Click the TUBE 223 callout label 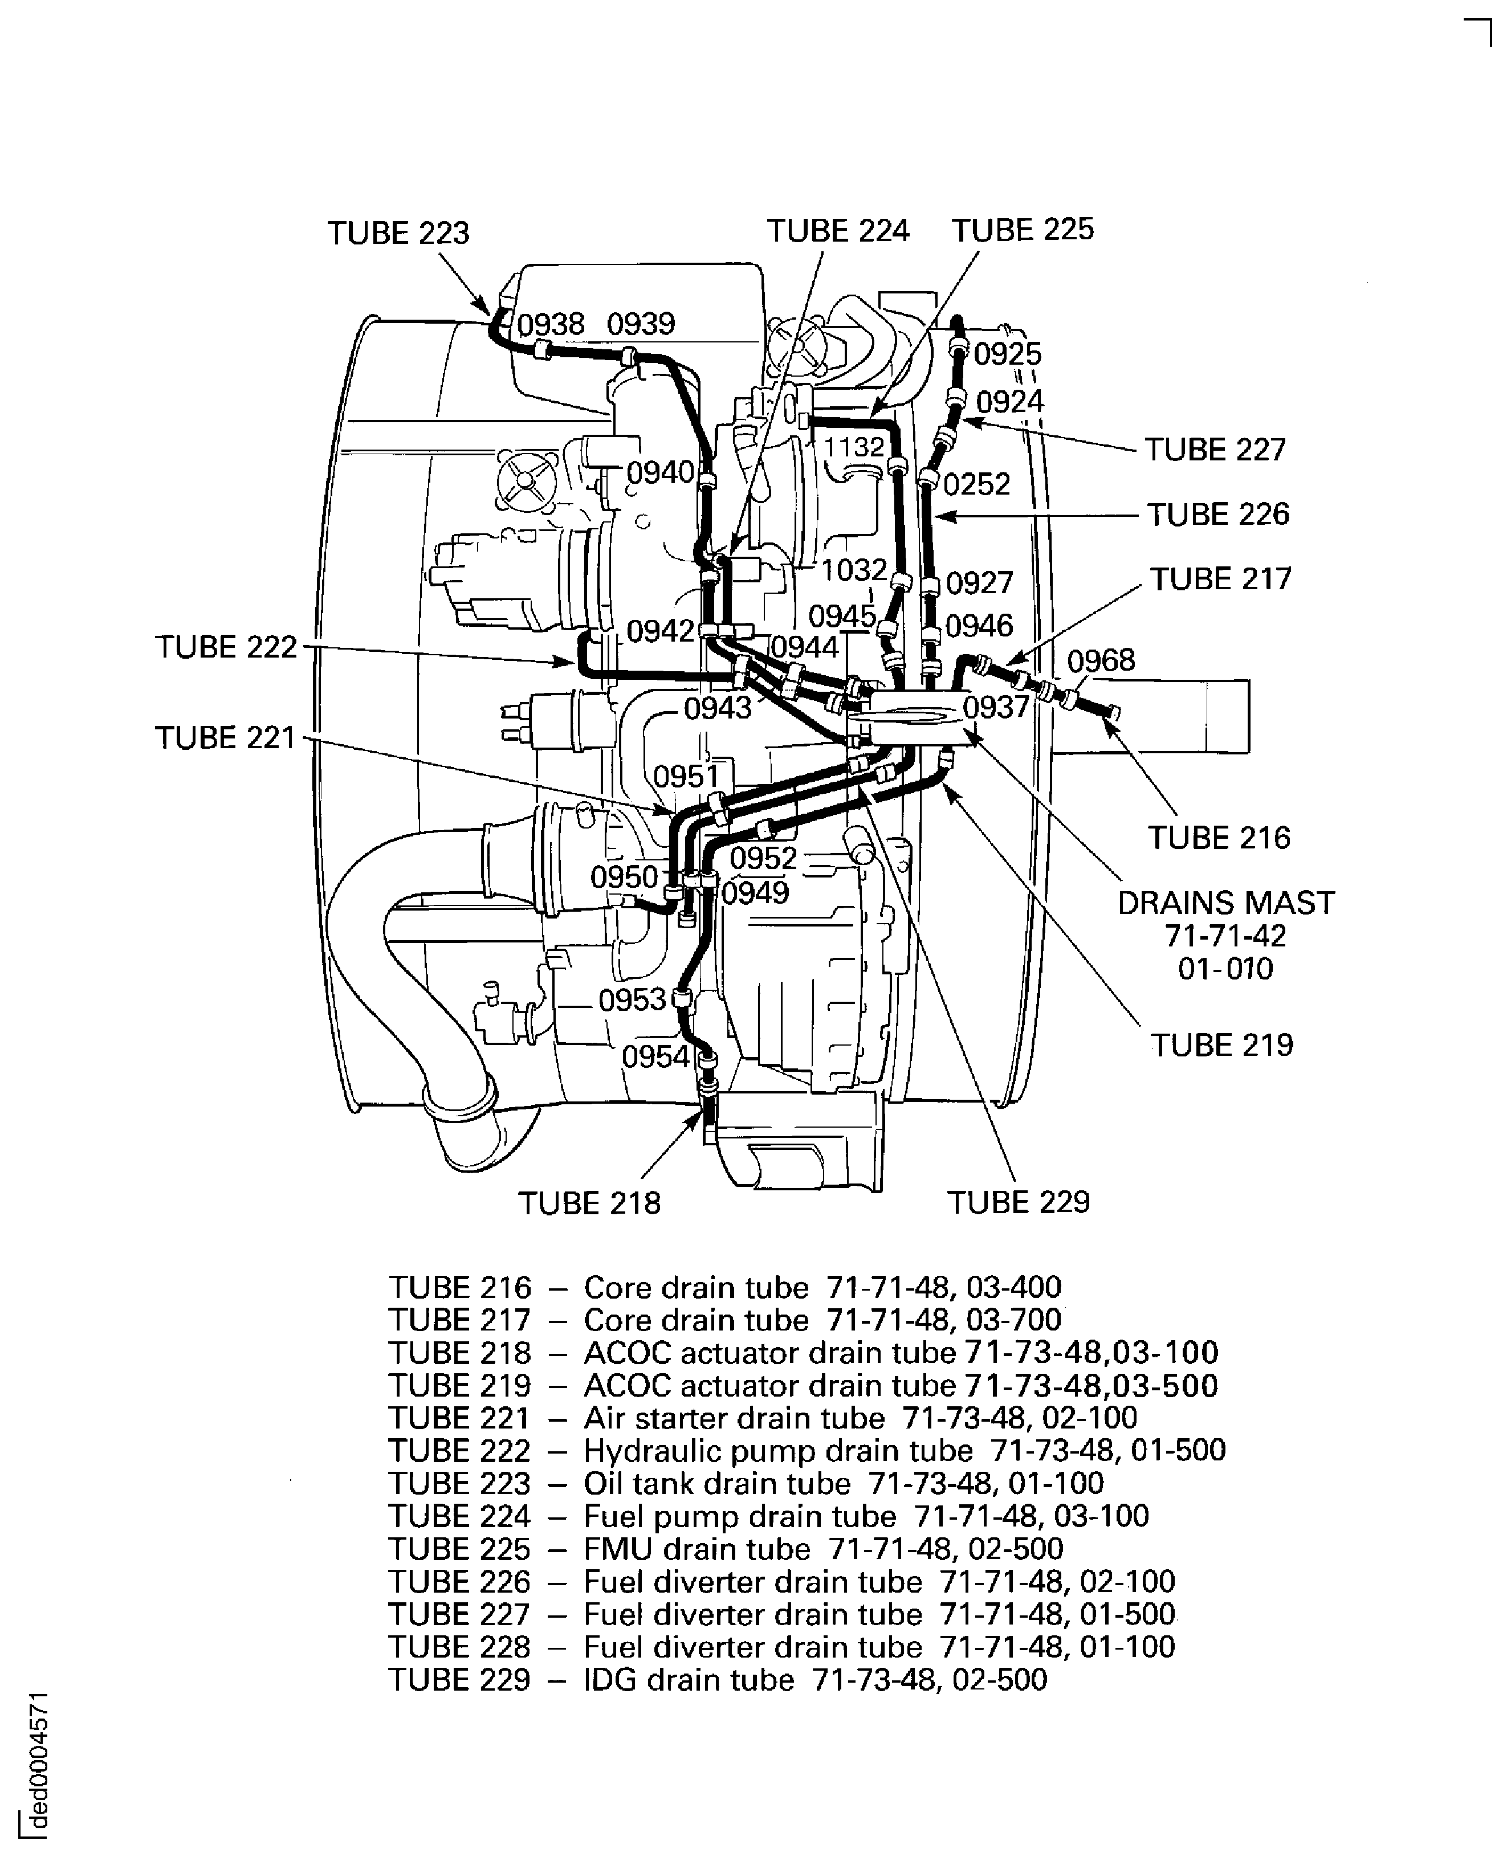398,233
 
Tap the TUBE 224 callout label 837,231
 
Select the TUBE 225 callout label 1022,230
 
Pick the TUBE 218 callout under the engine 589,1203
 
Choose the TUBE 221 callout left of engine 226,738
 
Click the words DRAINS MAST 1225,903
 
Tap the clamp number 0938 551,325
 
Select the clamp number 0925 1007,354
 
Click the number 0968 1101,660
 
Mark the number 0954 655,1058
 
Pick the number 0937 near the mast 996,708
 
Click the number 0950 624,876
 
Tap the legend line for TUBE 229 718,1679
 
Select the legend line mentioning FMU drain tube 726,1549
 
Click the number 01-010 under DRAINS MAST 1225,969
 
